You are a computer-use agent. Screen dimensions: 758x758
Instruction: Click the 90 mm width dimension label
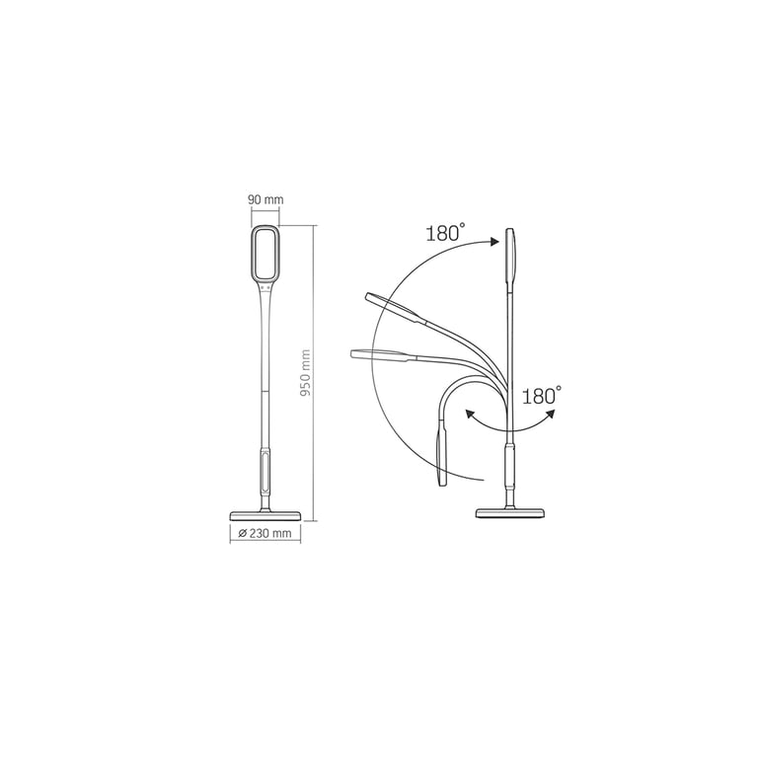pyautogui.click(x=265, y=199)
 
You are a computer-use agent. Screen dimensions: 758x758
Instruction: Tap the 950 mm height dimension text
pyautogui.click(x=305, y=373)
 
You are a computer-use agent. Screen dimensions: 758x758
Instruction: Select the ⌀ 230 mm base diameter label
pyautogui.click(x=265, y=533)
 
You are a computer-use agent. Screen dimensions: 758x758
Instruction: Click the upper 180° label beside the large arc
pyautogui.click(x=445, y=233)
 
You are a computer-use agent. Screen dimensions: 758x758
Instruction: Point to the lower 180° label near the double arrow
pyautogui.click(x=542, y=396)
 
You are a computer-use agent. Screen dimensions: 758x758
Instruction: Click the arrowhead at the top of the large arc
pyautogui.click(x=494, y=241)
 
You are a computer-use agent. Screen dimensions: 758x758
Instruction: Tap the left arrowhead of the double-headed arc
pyautogui.click(x=469, y=414)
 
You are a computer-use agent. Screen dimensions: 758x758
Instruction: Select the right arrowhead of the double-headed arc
pyautogui.click(x=550, y=414)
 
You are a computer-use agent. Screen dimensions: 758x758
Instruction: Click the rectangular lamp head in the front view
pyautogui.click(x=265, y=255)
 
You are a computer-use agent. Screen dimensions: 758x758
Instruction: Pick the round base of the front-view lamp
pyautogui.click(x=265, y=515)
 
